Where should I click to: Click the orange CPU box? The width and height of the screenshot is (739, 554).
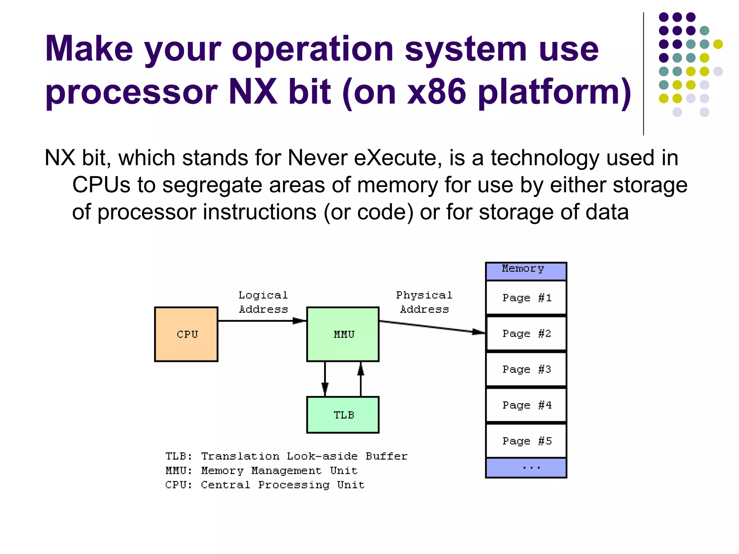(186, 334)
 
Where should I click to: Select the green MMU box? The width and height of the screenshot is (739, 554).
(342, 334)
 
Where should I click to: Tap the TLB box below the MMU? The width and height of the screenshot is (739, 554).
(342, 415)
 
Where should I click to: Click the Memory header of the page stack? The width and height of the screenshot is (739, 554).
(526, 271)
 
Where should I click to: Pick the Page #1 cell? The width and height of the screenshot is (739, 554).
(526, 298)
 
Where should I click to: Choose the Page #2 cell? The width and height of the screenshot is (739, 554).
(526, 333)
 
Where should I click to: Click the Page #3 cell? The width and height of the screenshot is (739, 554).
(526, 369)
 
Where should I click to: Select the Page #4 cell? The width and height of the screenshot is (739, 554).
(526, 405)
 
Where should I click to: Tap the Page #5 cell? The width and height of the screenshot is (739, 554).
(526, 440)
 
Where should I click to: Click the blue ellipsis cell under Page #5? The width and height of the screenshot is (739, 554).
(526, 467)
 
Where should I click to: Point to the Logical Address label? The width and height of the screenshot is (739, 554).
(263, 302)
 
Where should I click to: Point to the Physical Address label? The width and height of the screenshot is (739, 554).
(424, 302)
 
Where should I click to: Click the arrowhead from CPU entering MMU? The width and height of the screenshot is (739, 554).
(299, 321)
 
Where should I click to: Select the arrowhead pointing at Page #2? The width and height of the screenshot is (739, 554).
(478, 332)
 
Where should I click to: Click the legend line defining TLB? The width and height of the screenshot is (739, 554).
(286, 456)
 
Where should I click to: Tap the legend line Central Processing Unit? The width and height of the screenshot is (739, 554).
(265, 485)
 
